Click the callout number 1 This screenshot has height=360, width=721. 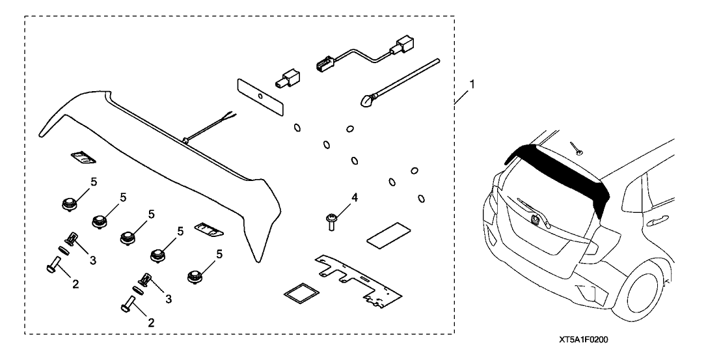coord(471,85)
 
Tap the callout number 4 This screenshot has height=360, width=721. coord(354,198)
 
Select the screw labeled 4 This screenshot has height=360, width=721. coord(331,221)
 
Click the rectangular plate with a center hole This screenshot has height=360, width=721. coord(260,97)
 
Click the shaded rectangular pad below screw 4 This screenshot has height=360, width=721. coord(388,235)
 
